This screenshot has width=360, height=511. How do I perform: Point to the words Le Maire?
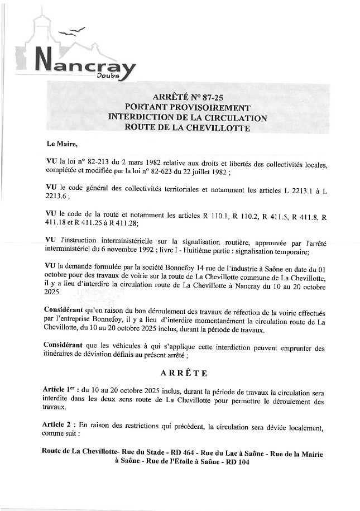(62, 144)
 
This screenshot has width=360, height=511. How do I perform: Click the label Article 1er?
(60, 388)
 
